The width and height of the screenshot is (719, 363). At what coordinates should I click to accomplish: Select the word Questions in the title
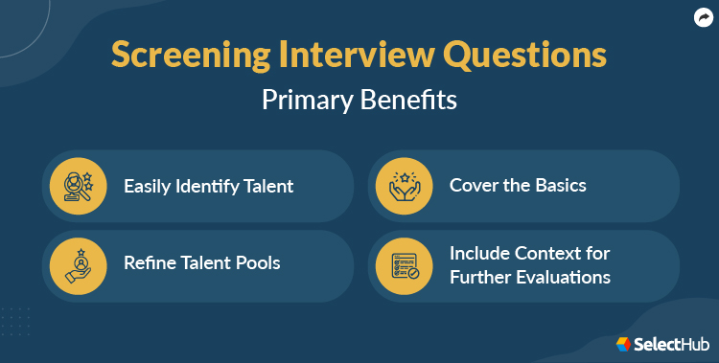click(524, 55)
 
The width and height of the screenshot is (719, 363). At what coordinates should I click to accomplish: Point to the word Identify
click(212, 185)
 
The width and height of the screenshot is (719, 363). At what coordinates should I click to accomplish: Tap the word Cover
click(473, 184)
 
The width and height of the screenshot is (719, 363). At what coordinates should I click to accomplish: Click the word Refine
click(150, 262)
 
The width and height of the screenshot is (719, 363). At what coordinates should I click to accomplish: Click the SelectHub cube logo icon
click(623, 342)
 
